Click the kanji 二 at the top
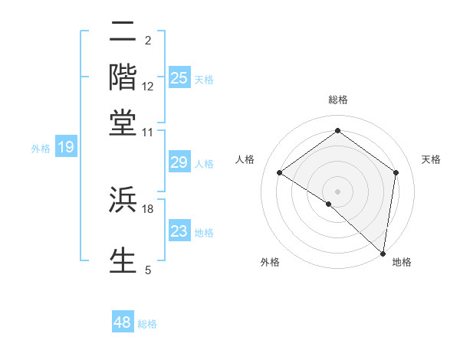click(x=123, y=33)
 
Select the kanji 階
click(x=123, y=77)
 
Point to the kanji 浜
click(x=123, y=201)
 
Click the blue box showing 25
click(x=179, y=77)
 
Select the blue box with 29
click(x=179, y=162)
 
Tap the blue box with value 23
click(x=179, y=231)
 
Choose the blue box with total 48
click(x=123, y=322)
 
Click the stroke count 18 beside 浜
click(x=148, y=208)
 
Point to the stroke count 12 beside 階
click(x=148, y=87)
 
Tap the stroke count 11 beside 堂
click(x=148, y=131)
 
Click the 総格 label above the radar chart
click(x=337, y=100)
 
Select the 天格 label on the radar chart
click(x=431, y=159)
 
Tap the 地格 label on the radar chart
click(x=402, y=263)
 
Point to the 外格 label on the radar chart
click(x=270, y=263)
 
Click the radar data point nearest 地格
click(x=383, y=253)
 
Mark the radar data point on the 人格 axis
click(x=280, y=173)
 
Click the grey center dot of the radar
click(x=337, y=191)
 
